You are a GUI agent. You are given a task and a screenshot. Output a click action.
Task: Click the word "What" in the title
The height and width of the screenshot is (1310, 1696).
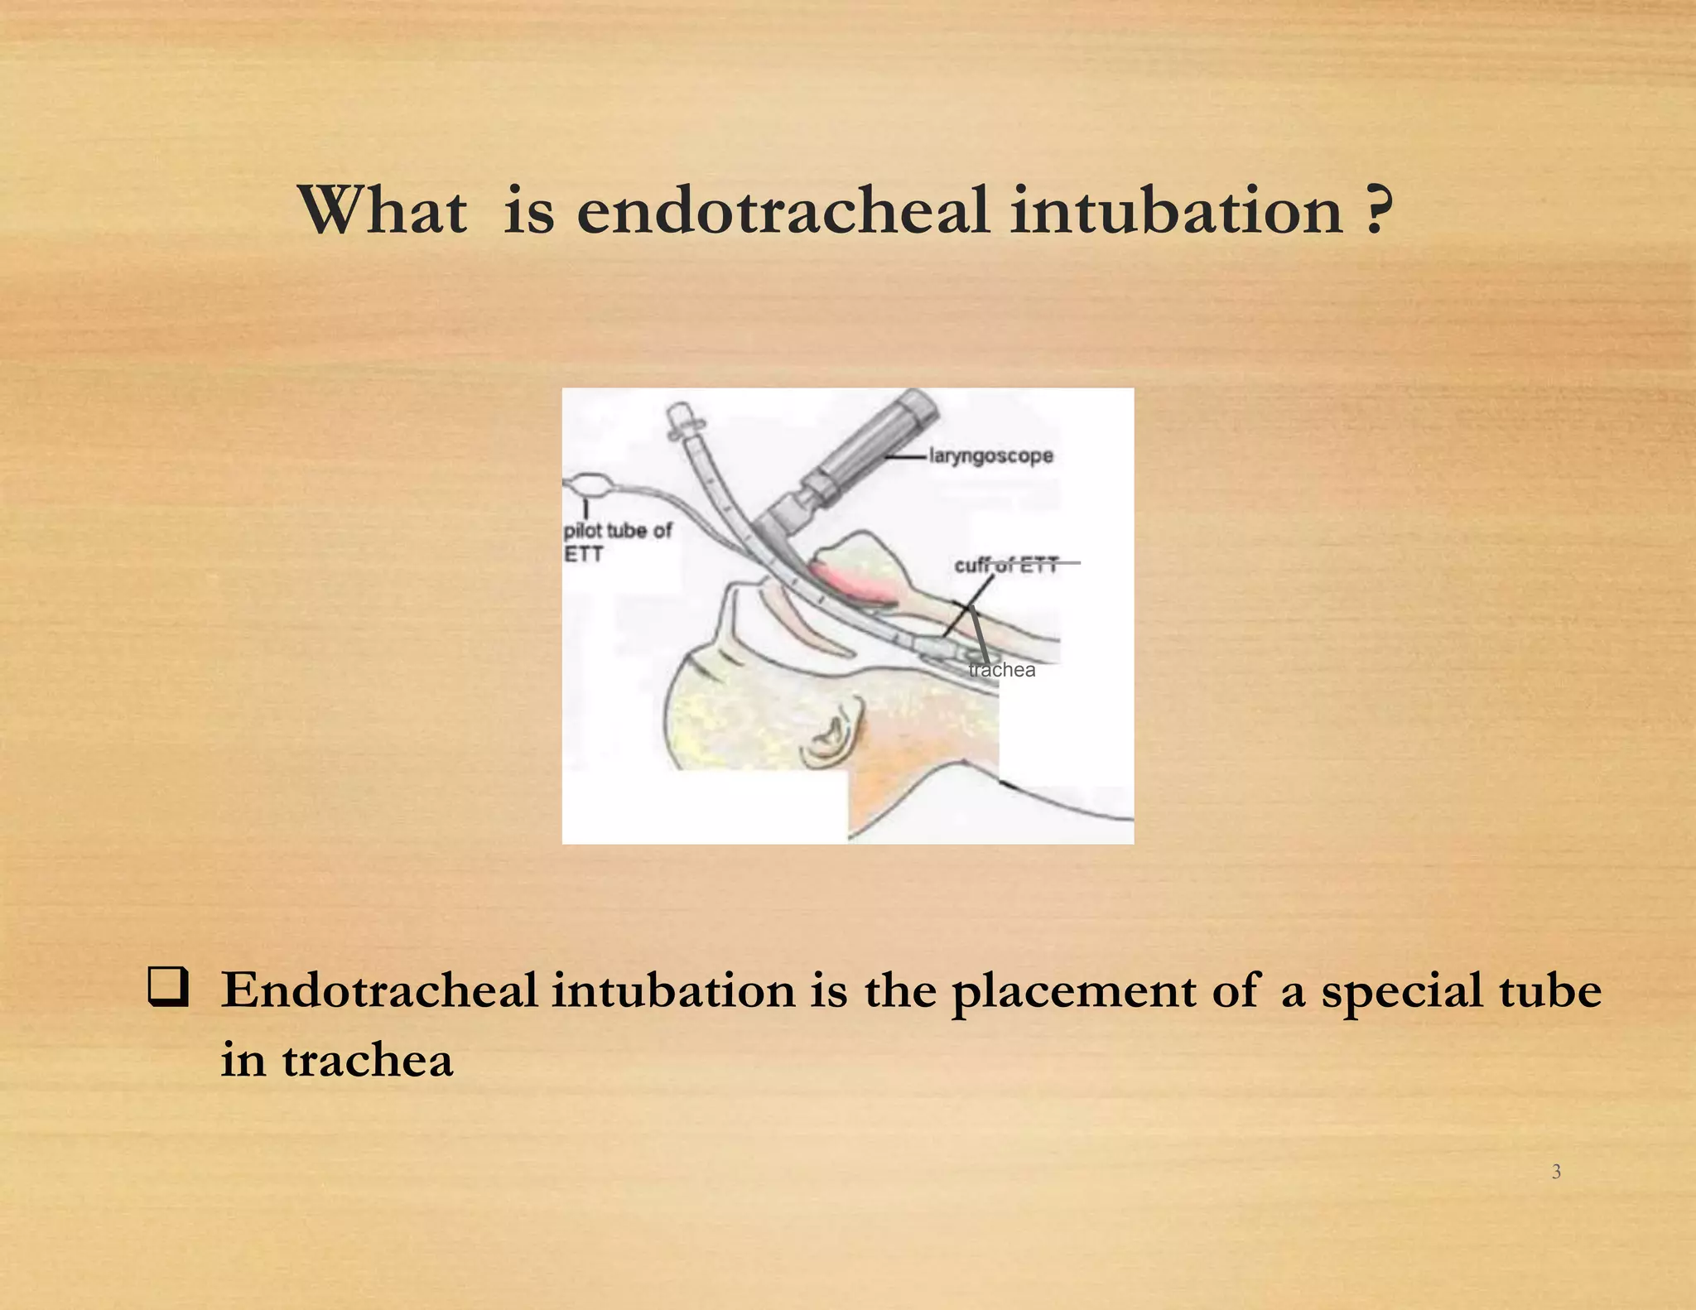pos(383,210)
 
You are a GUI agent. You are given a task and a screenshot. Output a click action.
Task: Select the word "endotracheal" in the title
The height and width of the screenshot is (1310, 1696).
pos(782,210)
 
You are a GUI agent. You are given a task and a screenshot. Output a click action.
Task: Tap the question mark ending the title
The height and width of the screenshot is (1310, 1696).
pos(1376,210)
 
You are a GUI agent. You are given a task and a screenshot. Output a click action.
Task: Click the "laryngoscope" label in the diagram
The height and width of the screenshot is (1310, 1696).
pos(990,455)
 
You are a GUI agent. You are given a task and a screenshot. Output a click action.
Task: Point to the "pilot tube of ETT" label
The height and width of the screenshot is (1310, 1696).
pos(617,542)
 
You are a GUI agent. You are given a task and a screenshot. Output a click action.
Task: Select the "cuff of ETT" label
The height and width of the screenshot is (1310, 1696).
pos(1005,565)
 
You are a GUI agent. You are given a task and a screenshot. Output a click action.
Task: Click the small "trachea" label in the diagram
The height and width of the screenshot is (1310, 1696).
pos(1002,670)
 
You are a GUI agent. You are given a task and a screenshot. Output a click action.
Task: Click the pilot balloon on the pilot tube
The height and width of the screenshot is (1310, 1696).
pos(589,484)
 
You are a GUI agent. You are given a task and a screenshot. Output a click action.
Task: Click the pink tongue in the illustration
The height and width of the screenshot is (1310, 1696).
pos(853,583)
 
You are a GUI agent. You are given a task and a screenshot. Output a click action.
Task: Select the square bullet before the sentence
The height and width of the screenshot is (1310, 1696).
pos(168,988)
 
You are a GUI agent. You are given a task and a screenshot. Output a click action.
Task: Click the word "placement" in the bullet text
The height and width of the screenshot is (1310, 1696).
pos(1072,991)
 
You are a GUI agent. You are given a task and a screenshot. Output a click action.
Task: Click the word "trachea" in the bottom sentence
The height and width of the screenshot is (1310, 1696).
pos(367,1060)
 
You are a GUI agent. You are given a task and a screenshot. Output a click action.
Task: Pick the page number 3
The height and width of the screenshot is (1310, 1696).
pos(1556,1171)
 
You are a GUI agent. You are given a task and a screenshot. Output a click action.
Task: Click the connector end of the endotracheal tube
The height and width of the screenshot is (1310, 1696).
pos(683,418)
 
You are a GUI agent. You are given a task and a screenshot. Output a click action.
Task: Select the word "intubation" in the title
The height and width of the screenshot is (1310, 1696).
pos(1176,210)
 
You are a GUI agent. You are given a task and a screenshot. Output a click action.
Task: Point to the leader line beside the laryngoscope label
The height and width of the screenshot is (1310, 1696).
pos(904,456)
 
